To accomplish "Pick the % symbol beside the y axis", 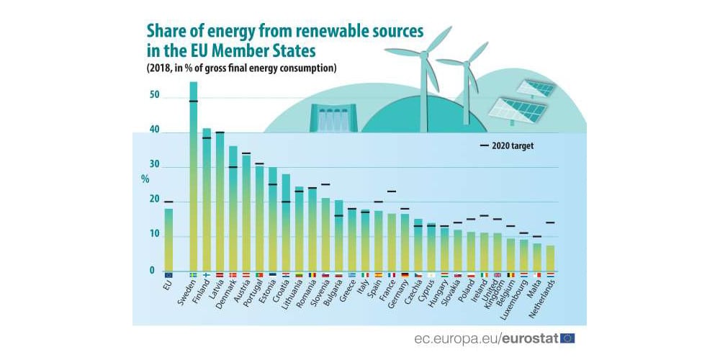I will pyautogui.click(x=145, y=179).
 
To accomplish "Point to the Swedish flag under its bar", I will pyautogui.click(x=193, y=275).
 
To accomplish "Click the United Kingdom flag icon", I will pyautogui.click(x=497, y=275).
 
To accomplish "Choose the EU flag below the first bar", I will pyautogui.click(x=168, y=275).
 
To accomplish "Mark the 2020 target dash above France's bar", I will pyautogui.click(x=392, y=192).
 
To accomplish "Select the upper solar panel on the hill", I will pyautogui.click(x=536, y=89).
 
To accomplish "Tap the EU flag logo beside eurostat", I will pyautogui.click(x=567, y=338).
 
